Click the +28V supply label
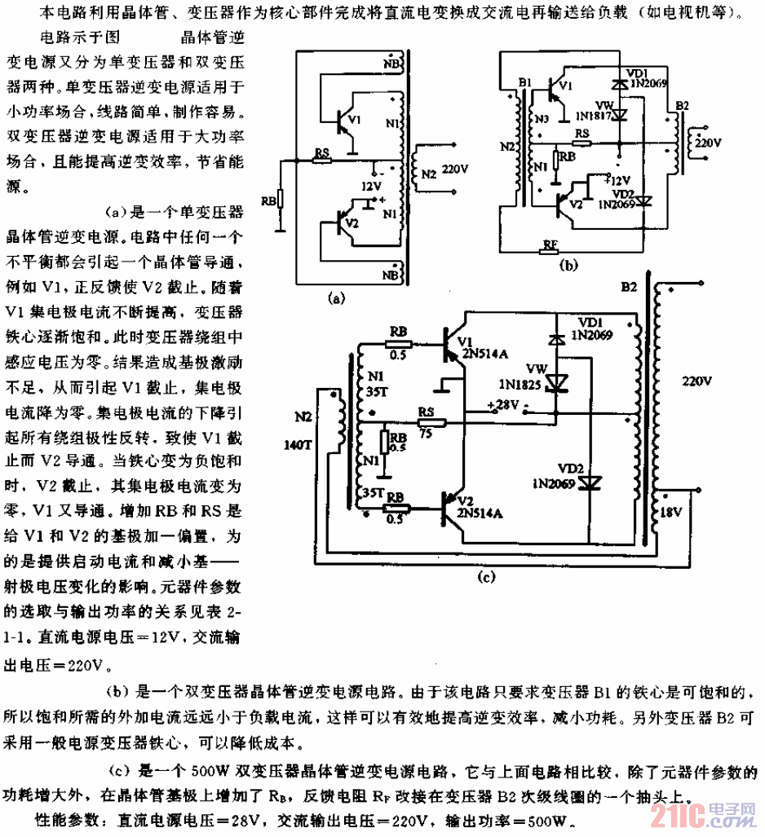click(501, 405)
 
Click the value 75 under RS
click(424, 434)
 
